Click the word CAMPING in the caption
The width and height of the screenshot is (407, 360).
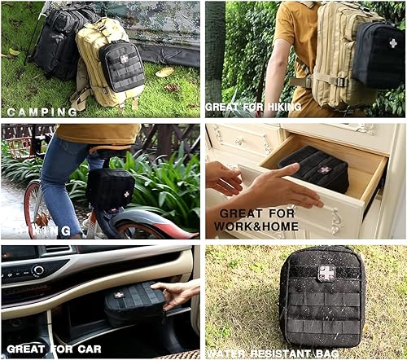coord(42,112)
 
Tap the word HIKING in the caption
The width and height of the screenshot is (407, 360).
coord(281,107)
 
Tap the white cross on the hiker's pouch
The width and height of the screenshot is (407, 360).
coord(393,43)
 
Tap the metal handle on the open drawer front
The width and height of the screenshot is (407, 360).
coord(337,220)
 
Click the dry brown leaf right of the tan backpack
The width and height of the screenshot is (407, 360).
coord(165,72)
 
